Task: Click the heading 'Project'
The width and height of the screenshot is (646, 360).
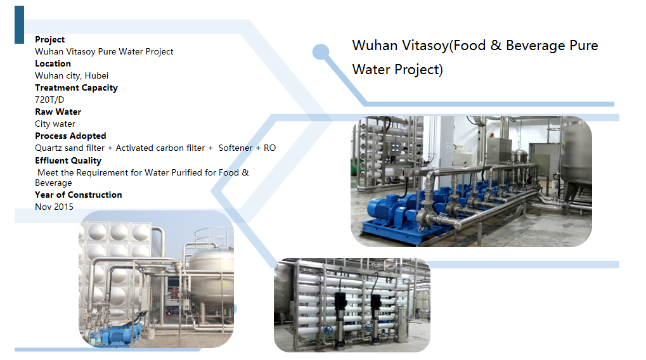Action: point(49,39)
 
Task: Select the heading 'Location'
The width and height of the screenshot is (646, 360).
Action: point(53,63)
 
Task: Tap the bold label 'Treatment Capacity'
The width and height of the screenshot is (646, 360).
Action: point(76,87)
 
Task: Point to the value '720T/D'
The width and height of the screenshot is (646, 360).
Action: point(49,100)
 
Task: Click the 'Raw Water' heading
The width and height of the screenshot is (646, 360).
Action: point(58,112)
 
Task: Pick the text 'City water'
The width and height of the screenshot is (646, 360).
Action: point(55,124)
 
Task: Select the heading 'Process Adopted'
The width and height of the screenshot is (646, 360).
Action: point(70,136)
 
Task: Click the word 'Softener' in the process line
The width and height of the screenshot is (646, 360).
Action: point(235,148)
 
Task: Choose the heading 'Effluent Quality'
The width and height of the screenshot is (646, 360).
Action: point(68,160)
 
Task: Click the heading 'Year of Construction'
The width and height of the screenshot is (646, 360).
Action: point(79,195)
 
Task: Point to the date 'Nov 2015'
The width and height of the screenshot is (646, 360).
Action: point(54,207)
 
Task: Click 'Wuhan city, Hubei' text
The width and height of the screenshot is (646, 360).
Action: point(72,75)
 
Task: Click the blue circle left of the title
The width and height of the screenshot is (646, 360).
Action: point(321,52)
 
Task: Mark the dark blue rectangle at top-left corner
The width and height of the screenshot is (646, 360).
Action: point(19,24)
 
